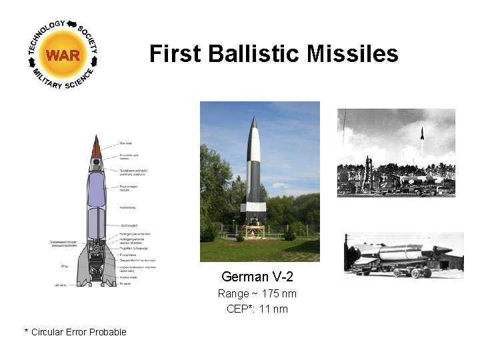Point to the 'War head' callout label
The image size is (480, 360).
click(127, 143)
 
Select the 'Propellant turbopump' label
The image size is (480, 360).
click(133, 248)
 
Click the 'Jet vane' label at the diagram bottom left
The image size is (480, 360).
click(61, 285)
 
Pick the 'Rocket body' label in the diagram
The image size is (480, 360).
click(128, 207)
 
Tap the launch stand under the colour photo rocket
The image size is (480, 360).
click(253, 230)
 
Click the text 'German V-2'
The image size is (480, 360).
click(257, 277)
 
